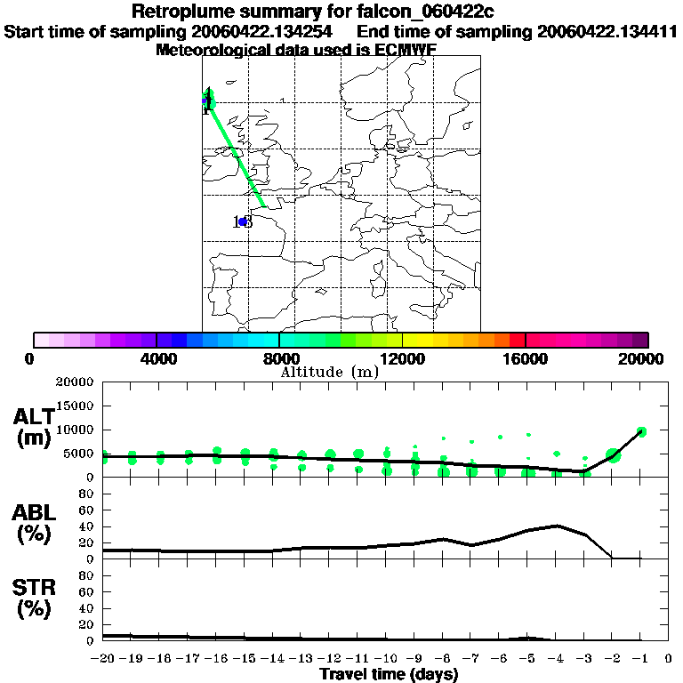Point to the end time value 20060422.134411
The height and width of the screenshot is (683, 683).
607,31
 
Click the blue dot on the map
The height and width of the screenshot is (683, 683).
242,221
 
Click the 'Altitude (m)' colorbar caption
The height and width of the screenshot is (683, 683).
329,372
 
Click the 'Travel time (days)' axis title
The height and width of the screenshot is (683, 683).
389,674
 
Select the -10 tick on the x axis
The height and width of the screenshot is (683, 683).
386,659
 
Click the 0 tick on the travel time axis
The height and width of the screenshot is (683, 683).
669,659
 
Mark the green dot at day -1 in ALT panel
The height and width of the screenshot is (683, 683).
641,431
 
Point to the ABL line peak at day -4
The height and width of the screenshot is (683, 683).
556,526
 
